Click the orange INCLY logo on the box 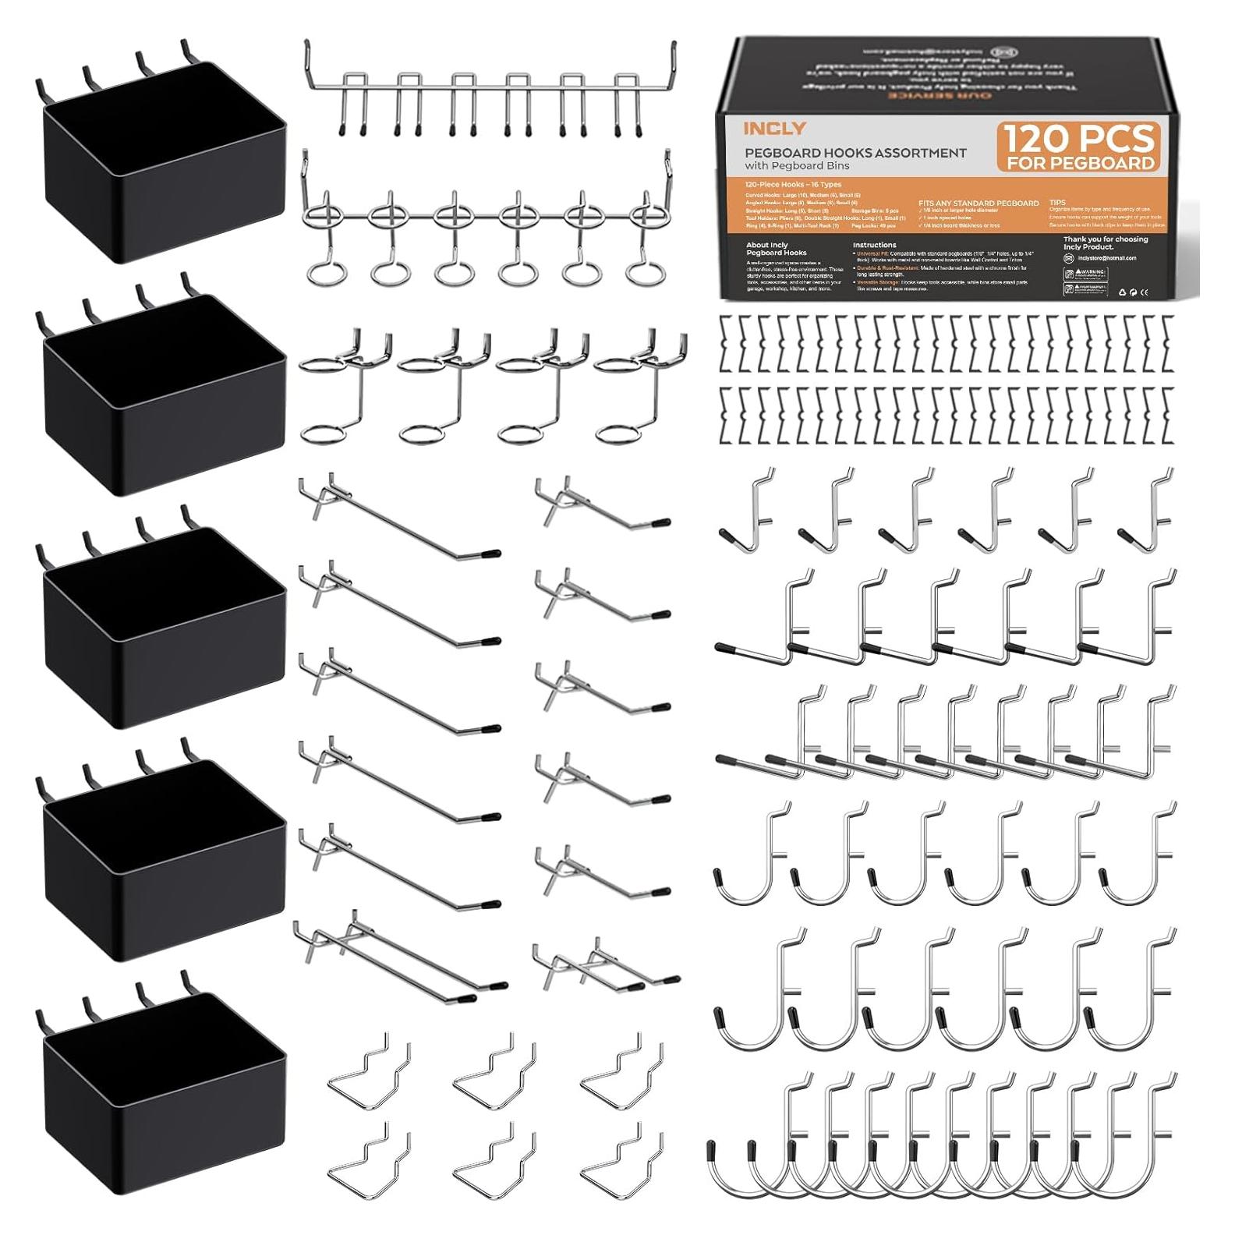[x=764, y=128]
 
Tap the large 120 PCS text [x=1079, y=140]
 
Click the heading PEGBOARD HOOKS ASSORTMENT [x=855, y=153]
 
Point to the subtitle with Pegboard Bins [x=797, y=166]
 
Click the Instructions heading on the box [x=874, y=245]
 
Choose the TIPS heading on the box [x=1057, y=202]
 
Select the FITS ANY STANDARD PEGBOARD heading [x=978, y=203]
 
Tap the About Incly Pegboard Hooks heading [x=767, y=249]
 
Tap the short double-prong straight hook [x=605, y=967]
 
